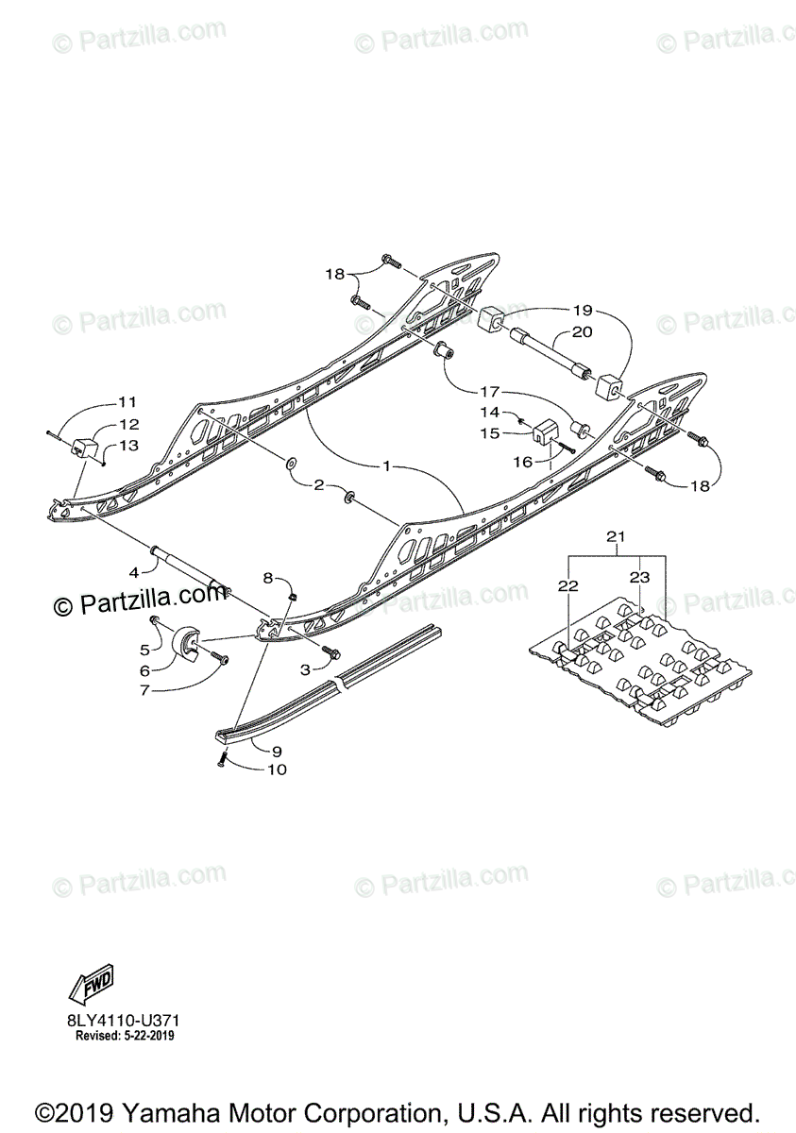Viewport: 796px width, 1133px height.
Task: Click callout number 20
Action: (582, 331)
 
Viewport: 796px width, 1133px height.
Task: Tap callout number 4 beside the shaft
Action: (134, 571)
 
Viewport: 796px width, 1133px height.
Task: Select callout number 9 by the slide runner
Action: (278, 752)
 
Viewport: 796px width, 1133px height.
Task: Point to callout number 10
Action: (278, 769)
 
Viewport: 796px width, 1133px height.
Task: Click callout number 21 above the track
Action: (616, 536)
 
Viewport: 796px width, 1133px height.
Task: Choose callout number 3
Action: (305, 669)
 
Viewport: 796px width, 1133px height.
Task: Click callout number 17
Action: (488, 390)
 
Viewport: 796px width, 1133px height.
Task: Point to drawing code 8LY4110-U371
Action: (123, 1021)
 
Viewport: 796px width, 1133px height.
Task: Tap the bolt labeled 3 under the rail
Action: (331, 651)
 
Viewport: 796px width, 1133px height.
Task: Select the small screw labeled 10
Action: (223, 760)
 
